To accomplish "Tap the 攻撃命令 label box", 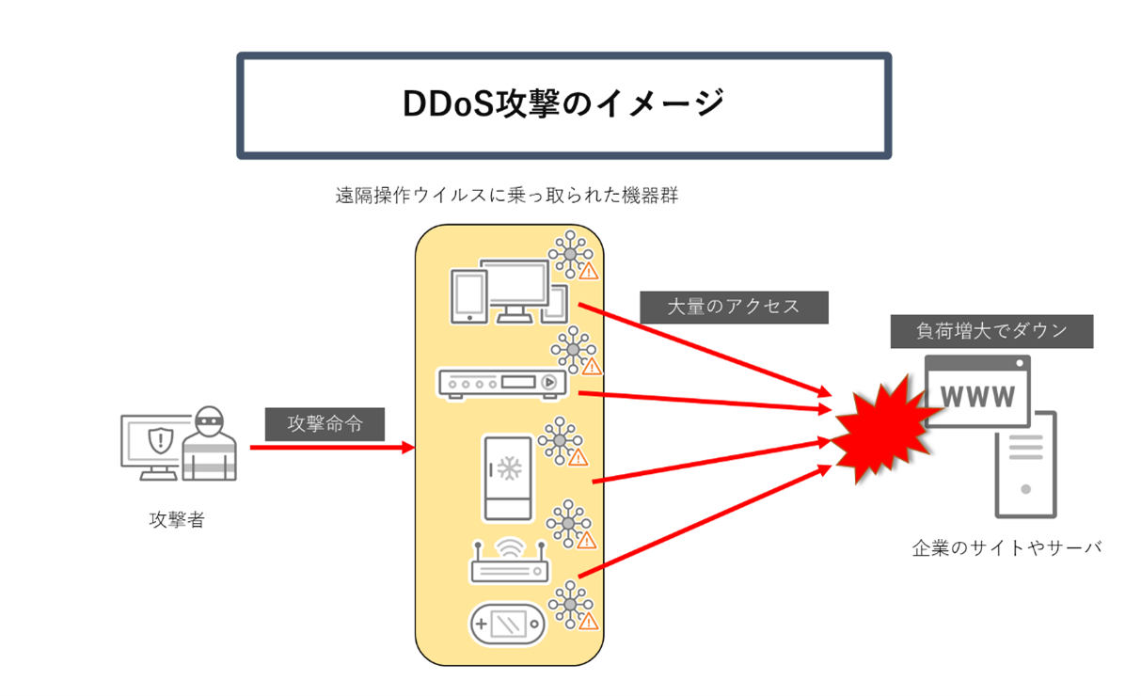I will pos(325,424).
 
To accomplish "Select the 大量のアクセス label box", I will pos(734,307).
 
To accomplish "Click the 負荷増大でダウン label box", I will pos(991,331).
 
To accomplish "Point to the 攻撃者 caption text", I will pos(176,519).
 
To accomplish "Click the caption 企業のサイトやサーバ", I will pos(1006,547).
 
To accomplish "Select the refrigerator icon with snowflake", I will pos(508,477).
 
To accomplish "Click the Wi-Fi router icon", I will pos(510,561).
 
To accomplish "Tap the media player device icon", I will pos(502,383).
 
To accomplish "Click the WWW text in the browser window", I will pos(977,396).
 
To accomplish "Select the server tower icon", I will pos(1025,465).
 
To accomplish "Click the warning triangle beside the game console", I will pos(588,622).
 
